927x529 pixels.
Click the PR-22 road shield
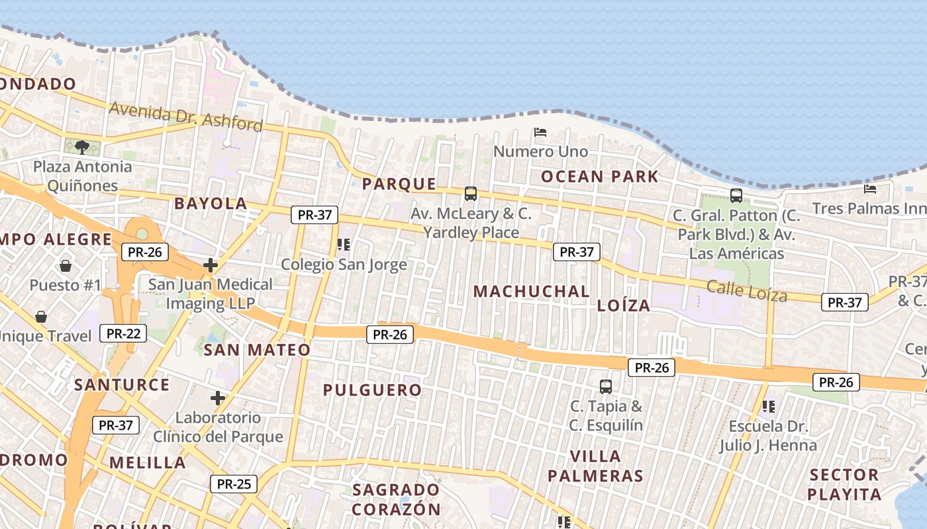coord(123,333)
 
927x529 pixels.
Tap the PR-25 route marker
coord(234,484)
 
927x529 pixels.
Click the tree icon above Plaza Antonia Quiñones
coord(82,147)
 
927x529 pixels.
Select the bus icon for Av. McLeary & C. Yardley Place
coord(471,194)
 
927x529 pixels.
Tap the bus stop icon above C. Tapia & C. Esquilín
coord(606,386)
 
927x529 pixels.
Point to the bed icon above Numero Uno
coord(540,132)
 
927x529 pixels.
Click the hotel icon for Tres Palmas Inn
coord(870,189)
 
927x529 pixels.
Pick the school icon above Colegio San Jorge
coord(343,245)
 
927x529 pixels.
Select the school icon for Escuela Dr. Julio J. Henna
coord(769,406)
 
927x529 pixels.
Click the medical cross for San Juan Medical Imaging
coord(211,265)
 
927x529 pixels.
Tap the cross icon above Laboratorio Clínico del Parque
coord(218,398)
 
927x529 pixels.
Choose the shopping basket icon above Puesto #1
coord(66,266)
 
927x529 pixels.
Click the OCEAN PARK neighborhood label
coord(600,177)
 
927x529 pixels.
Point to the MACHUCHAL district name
coord(532,292)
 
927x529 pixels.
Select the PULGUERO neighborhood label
coord(372,390)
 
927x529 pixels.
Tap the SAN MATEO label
coord(257,350)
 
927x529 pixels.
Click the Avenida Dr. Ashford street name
coord(186,116)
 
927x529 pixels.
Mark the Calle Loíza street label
coord(747,290)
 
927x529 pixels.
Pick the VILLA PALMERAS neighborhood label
coord(596,466)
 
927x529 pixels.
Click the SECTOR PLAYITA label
coord(844,484)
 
